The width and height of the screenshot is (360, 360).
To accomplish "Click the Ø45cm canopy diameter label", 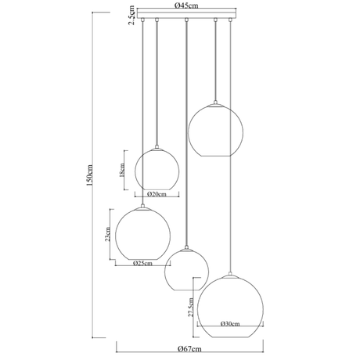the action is [x=186, y=5].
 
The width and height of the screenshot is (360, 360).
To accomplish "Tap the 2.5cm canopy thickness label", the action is [x=132, y=15].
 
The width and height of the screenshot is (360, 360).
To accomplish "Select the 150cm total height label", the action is [x=89, y=175].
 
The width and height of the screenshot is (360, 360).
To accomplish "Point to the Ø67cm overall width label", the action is [x=189, y=348].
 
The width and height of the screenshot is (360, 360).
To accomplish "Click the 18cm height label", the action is [x=121, y=170].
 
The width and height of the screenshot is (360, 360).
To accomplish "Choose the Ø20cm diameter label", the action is [x=157, y=194].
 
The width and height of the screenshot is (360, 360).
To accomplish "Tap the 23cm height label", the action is [x=107, y=234].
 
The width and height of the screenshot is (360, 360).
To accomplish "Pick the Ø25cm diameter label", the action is [x=142, y=263].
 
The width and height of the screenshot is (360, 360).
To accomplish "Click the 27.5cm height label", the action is [x=191, y=307].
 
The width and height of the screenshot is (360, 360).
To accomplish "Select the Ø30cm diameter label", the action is [x=230, y=324].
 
